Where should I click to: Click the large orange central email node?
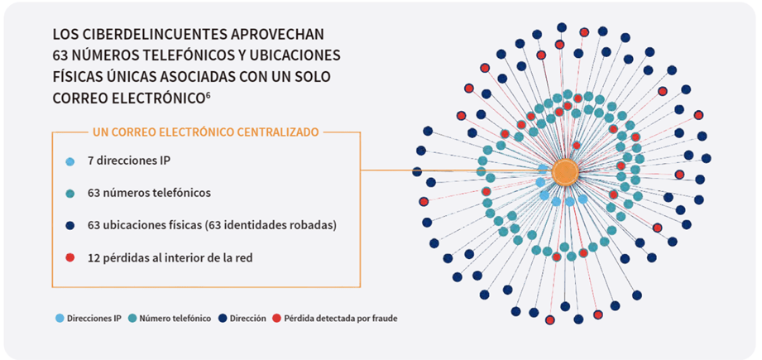(x=565, y=171)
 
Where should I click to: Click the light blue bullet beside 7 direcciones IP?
(x=70, y=161)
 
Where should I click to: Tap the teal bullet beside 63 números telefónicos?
(x=70, y=194)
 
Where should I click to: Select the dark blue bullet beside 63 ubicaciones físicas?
(x=70, y=226)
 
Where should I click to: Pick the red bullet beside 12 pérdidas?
(x=70, y=258)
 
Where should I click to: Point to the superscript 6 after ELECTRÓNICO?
(x=208, y=94)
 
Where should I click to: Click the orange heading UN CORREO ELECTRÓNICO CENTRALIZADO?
(x=205, y=132)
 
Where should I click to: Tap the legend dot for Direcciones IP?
(x=60, y=319)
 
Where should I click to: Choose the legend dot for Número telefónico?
(x=132, y=319)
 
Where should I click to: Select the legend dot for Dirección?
(x=223, y=319)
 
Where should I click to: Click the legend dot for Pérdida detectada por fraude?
(x=276, y=319)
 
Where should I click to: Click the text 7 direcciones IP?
(x=129, y=161)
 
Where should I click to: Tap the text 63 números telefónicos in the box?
(x=149, y=194)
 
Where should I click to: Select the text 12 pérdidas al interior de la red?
(x=170, y=258)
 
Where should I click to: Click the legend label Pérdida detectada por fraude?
(x=341, y=319)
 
